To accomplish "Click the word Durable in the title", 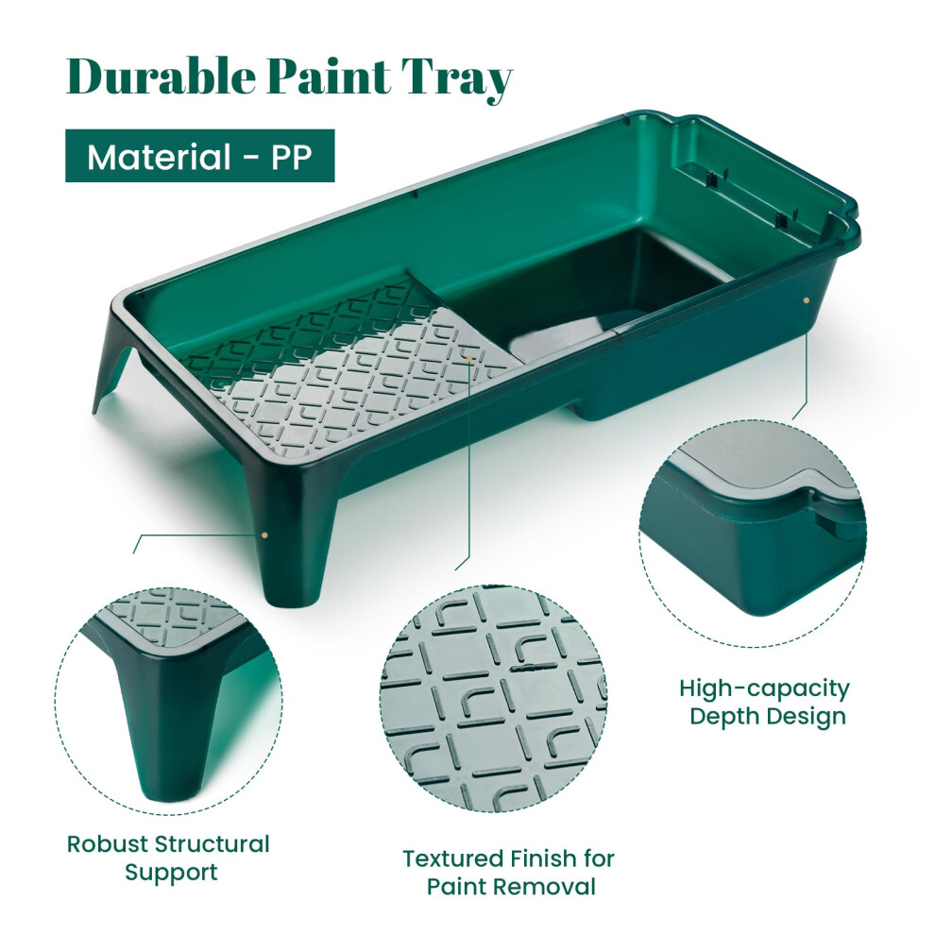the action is click(161, 76).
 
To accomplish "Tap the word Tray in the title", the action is click(456, 79).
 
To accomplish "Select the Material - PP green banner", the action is click(200, 156).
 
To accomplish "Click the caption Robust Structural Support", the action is click(168, 858).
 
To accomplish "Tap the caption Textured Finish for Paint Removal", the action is click(509, 873).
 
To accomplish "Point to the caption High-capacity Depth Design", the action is click(764, 702).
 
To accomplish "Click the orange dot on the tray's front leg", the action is click(264, 535).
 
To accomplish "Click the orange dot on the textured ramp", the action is click(470, 358).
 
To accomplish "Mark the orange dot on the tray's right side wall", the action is click(807, 300).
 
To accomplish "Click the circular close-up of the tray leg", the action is click(169, 702).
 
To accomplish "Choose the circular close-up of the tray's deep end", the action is click(753, 533).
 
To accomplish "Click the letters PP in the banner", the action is click(292, 157).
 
